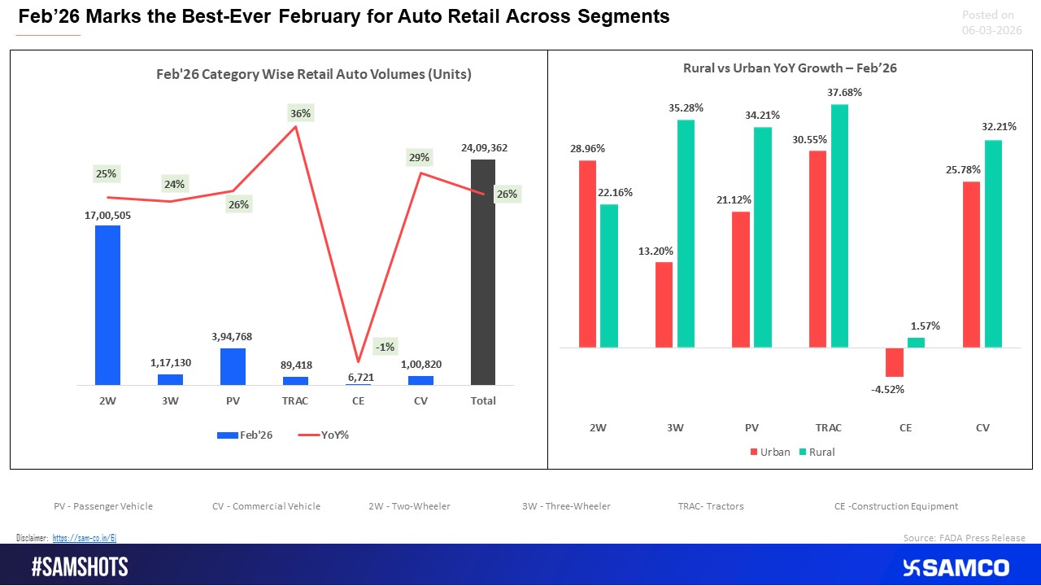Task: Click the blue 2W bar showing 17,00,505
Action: click(107, 304)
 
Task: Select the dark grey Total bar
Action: click(483, 272)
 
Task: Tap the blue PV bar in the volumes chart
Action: click(233, 366)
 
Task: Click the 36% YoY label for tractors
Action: click(300, 114)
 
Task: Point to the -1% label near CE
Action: click(385, 347)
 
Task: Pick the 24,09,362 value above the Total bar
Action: click(483, 148)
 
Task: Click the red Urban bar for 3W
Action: click(664, 304)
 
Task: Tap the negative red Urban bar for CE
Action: click(895, 362)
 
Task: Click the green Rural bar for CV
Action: click(994, 243)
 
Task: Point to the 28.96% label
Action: click(587, 149)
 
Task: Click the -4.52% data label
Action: click(887, 389)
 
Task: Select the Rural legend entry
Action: click(815, 452)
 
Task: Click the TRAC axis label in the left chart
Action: click(295, 400)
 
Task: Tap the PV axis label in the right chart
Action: click(751, 427)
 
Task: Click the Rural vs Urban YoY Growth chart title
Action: click(790, 68)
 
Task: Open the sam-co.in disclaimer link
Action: click(85, 538)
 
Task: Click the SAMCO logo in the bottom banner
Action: click(956, 567)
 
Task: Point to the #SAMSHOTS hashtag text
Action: click(80, 567)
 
